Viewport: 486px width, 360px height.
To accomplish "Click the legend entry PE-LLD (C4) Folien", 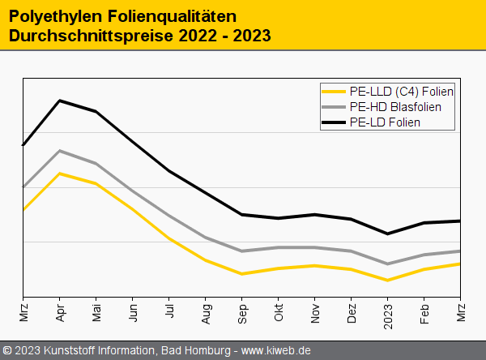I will (400, 92).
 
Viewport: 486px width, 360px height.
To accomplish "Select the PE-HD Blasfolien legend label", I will (395, 107).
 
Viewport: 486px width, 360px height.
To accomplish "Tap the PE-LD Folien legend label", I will (385, 122).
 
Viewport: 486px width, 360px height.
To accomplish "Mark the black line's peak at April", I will (60, 101).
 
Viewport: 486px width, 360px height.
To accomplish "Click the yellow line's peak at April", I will (60, 173).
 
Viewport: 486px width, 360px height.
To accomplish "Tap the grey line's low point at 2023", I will (388, 264).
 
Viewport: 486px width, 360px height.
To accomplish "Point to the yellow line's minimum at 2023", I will (388, 281).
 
